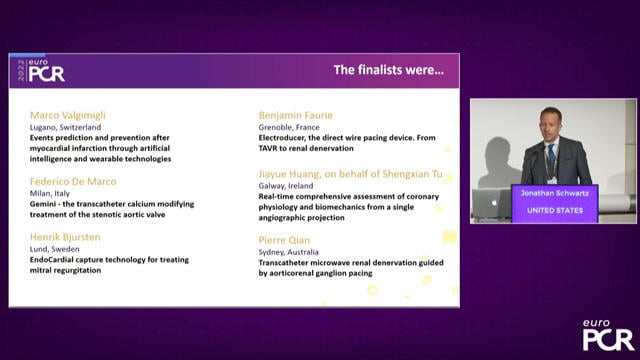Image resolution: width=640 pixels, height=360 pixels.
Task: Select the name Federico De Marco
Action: [73, 181]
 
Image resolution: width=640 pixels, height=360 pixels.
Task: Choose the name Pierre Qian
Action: [285, 240]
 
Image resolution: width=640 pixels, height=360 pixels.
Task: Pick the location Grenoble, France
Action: [290, 129]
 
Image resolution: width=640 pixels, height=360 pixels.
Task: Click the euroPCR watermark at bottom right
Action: [607, 335]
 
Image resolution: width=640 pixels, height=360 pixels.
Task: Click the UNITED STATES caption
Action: [554, 210]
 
